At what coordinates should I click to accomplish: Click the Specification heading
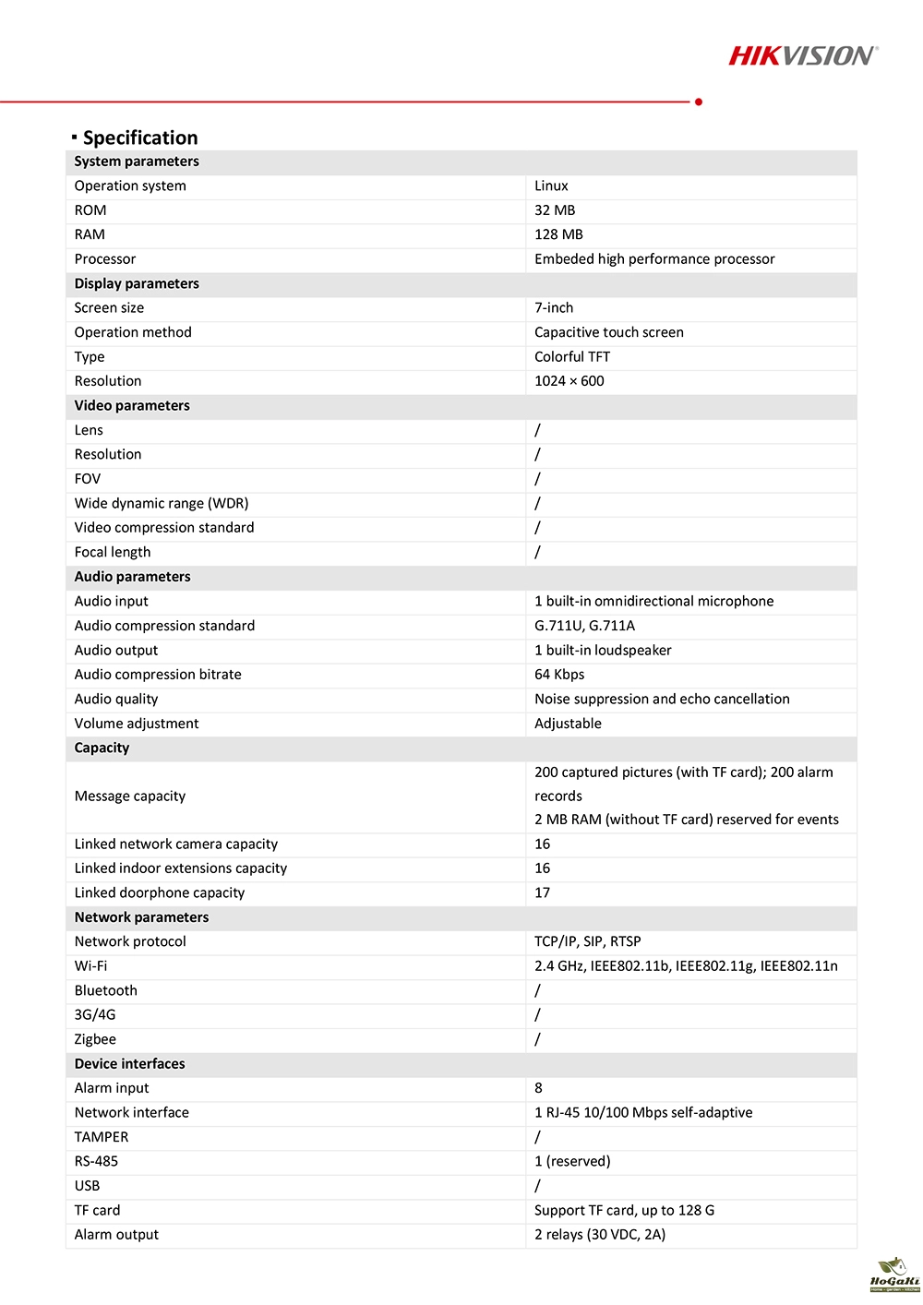coord(140,138)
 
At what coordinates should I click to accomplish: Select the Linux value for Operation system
coord(551,186)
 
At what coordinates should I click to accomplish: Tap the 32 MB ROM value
coord(555,210)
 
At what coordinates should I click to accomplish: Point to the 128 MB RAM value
coord(558,234)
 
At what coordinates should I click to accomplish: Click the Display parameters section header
coord(137,283)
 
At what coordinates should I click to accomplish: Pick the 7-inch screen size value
coord(554,307)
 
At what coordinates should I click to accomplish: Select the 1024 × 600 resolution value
coord(569,381)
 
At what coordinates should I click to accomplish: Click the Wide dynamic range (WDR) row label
coord(162,503)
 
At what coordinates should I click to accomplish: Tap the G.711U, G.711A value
coord(584,626)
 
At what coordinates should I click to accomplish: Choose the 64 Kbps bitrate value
coord(559,675)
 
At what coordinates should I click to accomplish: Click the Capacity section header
coord(102,748)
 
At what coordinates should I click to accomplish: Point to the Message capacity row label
coord(130,796)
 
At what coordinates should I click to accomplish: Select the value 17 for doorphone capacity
coord(542,892)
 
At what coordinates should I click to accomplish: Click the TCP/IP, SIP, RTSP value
coord(587,941)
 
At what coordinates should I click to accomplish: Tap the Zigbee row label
coord(95,1039)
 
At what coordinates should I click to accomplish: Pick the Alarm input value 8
coord(538,1088)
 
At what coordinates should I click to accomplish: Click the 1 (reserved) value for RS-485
coord(572,1161)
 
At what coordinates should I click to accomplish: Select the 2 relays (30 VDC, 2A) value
coord(600,1235)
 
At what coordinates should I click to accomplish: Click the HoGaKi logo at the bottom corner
coord(893,1274)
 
